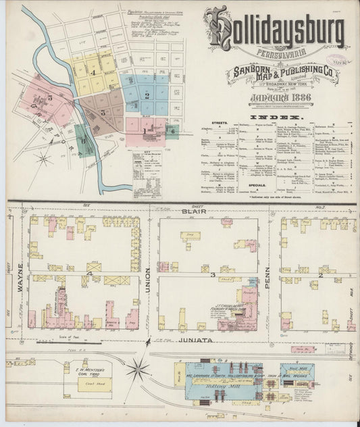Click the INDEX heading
click(269, 117)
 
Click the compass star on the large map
click(138, 369)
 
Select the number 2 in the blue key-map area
click(146, 95)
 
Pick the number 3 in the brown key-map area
click(103, 111)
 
